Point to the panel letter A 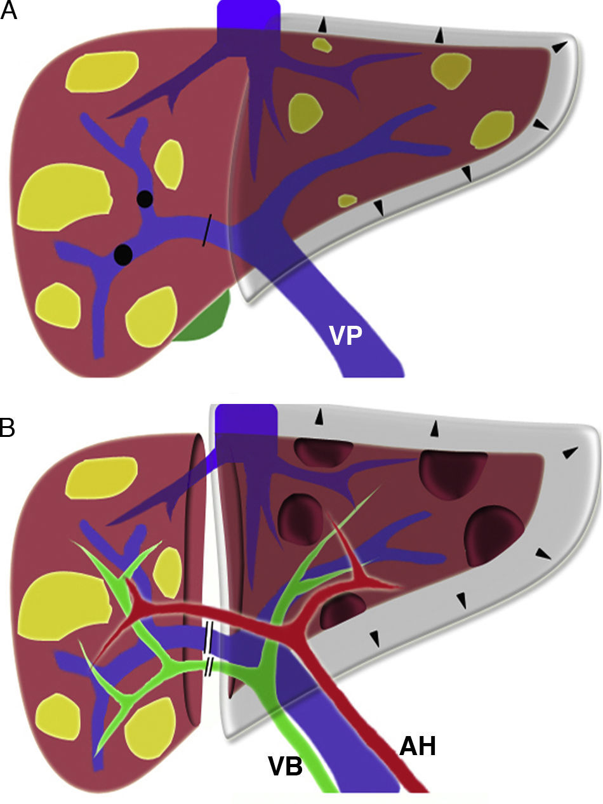pyautogui.click(x=9, y=11)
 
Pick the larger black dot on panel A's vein pyautogui.click(x=123, y=254)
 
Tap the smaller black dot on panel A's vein pyautogui.click(x=145, y=199)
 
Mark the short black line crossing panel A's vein pyautogui.click(x=206, y=230)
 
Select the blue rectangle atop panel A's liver pyautogui.click(x=248, y=22)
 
